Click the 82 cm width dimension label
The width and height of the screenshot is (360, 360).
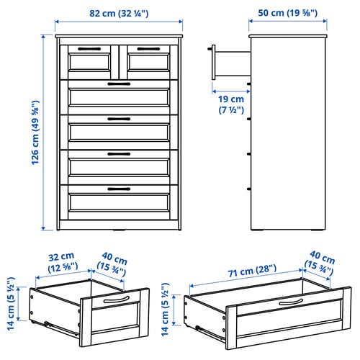(x=119, y=13)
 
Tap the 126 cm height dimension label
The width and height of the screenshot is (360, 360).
(x=35, y=132)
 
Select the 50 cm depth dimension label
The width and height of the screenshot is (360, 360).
(x=288, y=13)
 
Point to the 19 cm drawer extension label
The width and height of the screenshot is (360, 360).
(x=231, y=104)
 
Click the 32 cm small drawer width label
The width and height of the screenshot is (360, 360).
(x=63, y=263)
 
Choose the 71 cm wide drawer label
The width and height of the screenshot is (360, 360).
(x=252, y=271)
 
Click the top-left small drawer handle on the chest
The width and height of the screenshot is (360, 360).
(x=89, y=49)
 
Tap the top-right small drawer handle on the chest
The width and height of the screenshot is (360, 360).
(x=148, y=49)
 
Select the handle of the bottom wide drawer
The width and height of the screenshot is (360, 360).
(x=119, y=189)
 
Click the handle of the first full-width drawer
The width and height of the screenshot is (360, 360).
(x=119, y=84)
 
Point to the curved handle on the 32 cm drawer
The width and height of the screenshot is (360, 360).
(x=117, y=300)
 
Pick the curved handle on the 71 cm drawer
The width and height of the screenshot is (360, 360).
(x=291, y=302)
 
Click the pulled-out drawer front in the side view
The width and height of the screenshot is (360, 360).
(x=213, y=62)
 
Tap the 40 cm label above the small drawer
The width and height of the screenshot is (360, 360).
(x=112, y=264)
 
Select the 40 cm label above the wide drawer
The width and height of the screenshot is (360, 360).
(x=320, y=264)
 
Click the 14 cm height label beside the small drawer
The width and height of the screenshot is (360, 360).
(x=11, y=304)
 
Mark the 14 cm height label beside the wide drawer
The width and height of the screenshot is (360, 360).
(x=165, y=310)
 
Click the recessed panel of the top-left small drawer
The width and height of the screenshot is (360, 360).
(x=89, y=63)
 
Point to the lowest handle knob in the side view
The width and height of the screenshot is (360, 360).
(x=249, y=189)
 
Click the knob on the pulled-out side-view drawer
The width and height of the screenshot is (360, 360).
(x=210, y=49)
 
